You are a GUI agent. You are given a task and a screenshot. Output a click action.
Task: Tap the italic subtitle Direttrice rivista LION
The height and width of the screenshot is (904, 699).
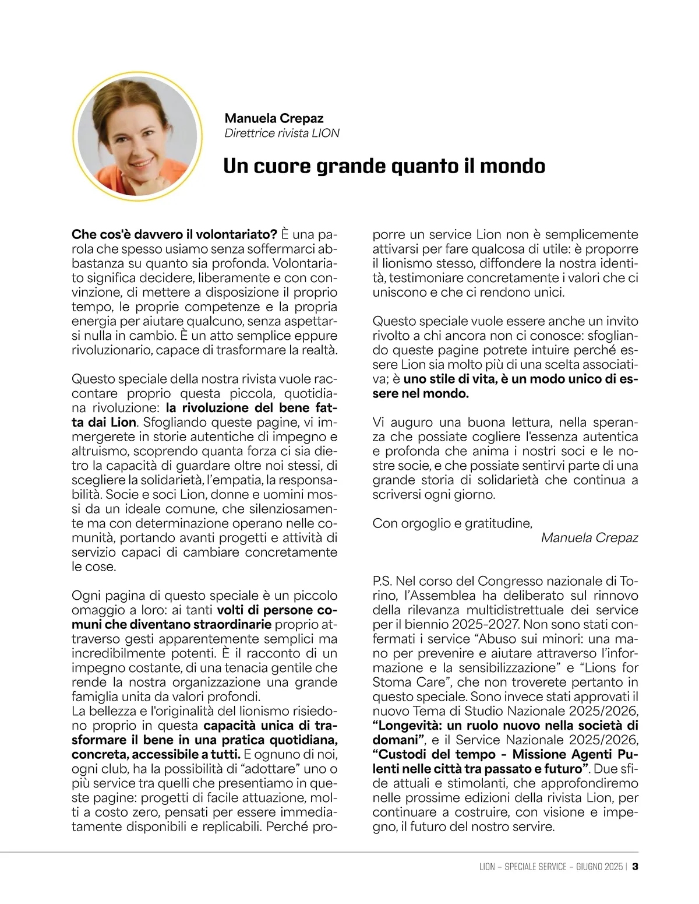pos(282,133)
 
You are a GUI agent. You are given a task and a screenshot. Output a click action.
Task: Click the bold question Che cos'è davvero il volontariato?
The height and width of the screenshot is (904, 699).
pos(174,235)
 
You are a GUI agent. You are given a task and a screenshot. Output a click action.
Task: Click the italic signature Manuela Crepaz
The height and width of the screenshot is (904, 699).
pos(589,537)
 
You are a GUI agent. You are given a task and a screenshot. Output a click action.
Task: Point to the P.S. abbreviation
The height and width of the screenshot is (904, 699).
pos(383,582)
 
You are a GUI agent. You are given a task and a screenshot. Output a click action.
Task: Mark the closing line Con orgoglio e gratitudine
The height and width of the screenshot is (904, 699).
pos(452,523)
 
